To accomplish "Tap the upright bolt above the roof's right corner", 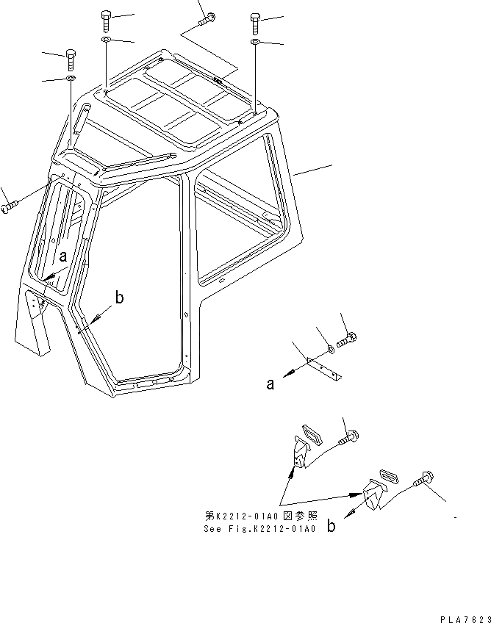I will (255, 21).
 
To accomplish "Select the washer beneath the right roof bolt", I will (254, 43).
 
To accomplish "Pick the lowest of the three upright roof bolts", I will (71, 58).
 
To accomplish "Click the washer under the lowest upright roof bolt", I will (71, 78).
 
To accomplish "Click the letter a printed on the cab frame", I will (63, 256).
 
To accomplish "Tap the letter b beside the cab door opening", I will (119, 298).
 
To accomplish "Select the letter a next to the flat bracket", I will (270, 383).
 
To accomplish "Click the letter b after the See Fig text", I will (331, 527).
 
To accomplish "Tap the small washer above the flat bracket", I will (330, 350).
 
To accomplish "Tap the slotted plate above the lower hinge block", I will (387, 475).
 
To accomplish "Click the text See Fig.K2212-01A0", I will (259, 528).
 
